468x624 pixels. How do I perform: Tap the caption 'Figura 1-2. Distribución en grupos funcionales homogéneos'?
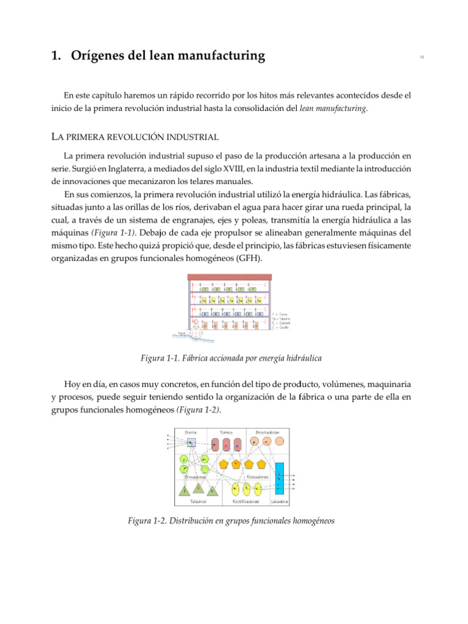pyautogui.click(x=231, y=522)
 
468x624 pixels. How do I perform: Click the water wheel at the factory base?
pyautogui.click(x=197, y=333)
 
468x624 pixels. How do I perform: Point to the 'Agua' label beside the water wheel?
pyautogui.click(x=181, y=333)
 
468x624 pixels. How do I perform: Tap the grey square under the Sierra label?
pyautogui.click(x=191, y=443)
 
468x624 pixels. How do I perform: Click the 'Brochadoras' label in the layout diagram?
pyautogui.click(x=268, y=432)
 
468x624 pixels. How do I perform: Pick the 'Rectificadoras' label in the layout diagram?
pyautogui.click(x=246, y=502)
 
